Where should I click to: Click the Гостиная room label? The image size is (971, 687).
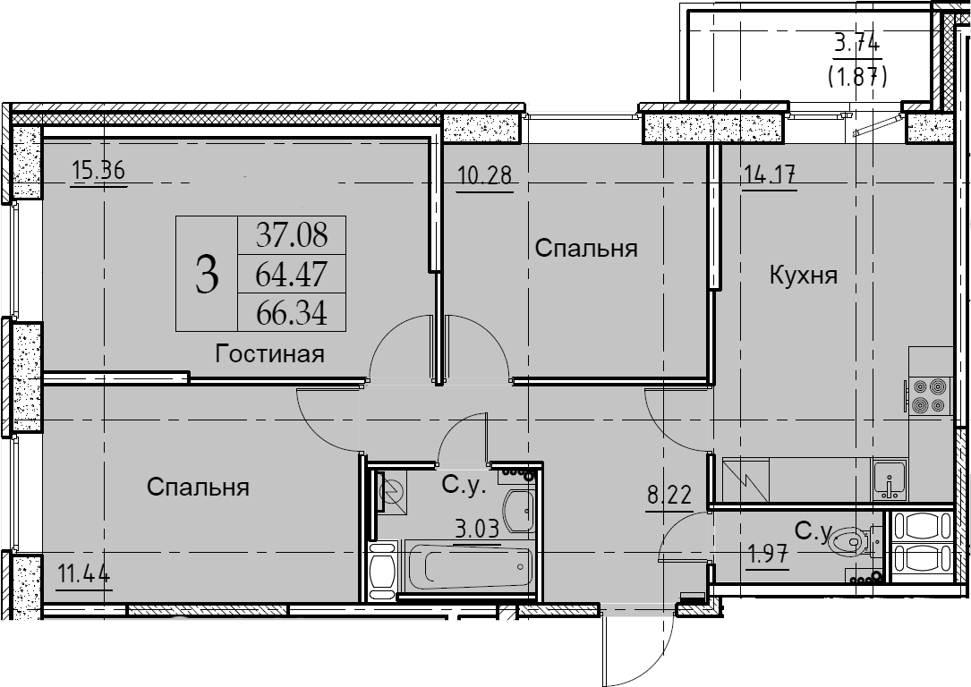pyautogui.click(x=269, y=354)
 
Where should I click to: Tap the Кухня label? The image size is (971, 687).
pyautogui.click(x=803, y=275)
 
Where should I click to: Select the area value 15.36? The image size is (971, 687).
pyautogui.click(x=99, y=169)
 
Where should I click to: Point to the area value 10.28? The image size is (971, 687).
pyautogui.click(x=485, y=175)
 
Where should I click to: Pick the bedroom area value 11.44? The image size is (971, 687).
pyautogui.click(x=83, y=575)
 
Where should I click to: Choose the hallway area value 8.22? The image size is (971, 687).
pyautogui.click(x=669, y=496)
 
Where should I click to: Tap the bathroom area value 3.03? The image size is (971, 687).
pyautogui.click(x=477, y=530)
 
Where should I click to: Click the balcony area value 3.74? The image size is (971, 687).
pyautogui.click(x=857, y=44)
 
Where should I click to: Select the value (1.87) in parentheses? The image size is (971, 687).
pyautogui.click(x=857, y=76)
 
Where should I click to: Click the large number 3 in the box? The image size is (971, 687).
pyautogui.click(x=207, y=276)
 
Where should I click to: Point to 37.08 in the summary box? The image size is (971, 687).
pyautogui.click(x=292, y=235)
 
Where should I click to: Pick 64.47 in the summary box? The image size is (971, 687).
pyautogui.click(x=292, y=275)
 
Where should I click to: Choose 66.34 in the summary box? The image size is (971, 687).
pyautogui.click(x=292, y=312)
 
